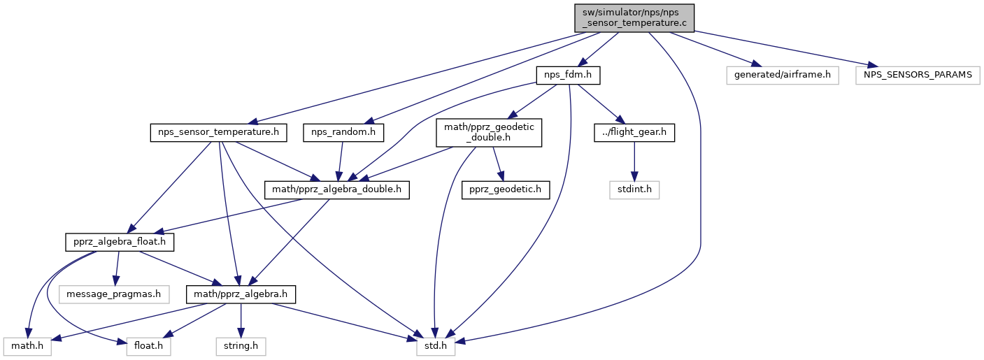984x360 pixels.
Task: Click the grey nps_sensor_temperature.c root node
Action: tap(634, 18)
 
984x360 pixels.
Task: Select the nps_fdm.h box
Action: tap(568, 75)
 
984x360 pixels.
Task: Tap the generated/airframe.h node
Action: tap(783, 75)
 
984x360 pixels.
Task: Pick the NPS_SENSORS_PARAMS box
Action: tap(918, 75)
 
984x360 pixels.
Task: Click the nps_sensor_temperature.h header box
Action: tap(218, 133)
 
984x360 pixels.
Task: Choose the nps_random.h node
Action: tap(343, 133)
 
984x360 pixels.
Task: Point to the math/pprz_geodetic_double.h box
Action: tap(489, 133)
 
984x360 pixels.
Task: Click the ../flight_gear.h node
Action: tap(634, 133)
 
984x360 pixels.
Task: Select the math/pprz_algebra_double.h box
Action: tap(337, 190)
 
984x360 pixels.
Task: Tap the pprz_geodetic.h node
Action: tap(506, 190)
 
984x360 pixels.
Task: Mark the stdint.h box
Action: tap(634, 190)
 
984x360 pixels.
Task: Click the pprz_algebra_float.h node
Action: tap(120, 243)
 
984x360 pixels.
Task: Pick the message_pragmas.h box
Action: tap(114, 294)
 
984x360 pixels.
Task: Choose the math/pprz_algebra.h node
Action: tap(241, 294)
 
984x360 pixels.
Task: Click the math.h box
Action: tap(27, 347)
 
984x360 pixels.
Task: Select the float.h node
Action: tap(148, 347)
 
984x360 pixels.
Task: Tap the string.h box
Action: tap(241, 347)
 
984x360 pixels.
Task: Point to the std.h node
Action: tap(435, 347)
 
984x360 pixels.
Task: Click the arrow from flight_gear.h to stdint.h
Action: tap(634, 161)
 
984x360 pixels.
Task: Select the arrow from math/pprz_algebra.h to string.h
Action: tap(241, 320)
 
